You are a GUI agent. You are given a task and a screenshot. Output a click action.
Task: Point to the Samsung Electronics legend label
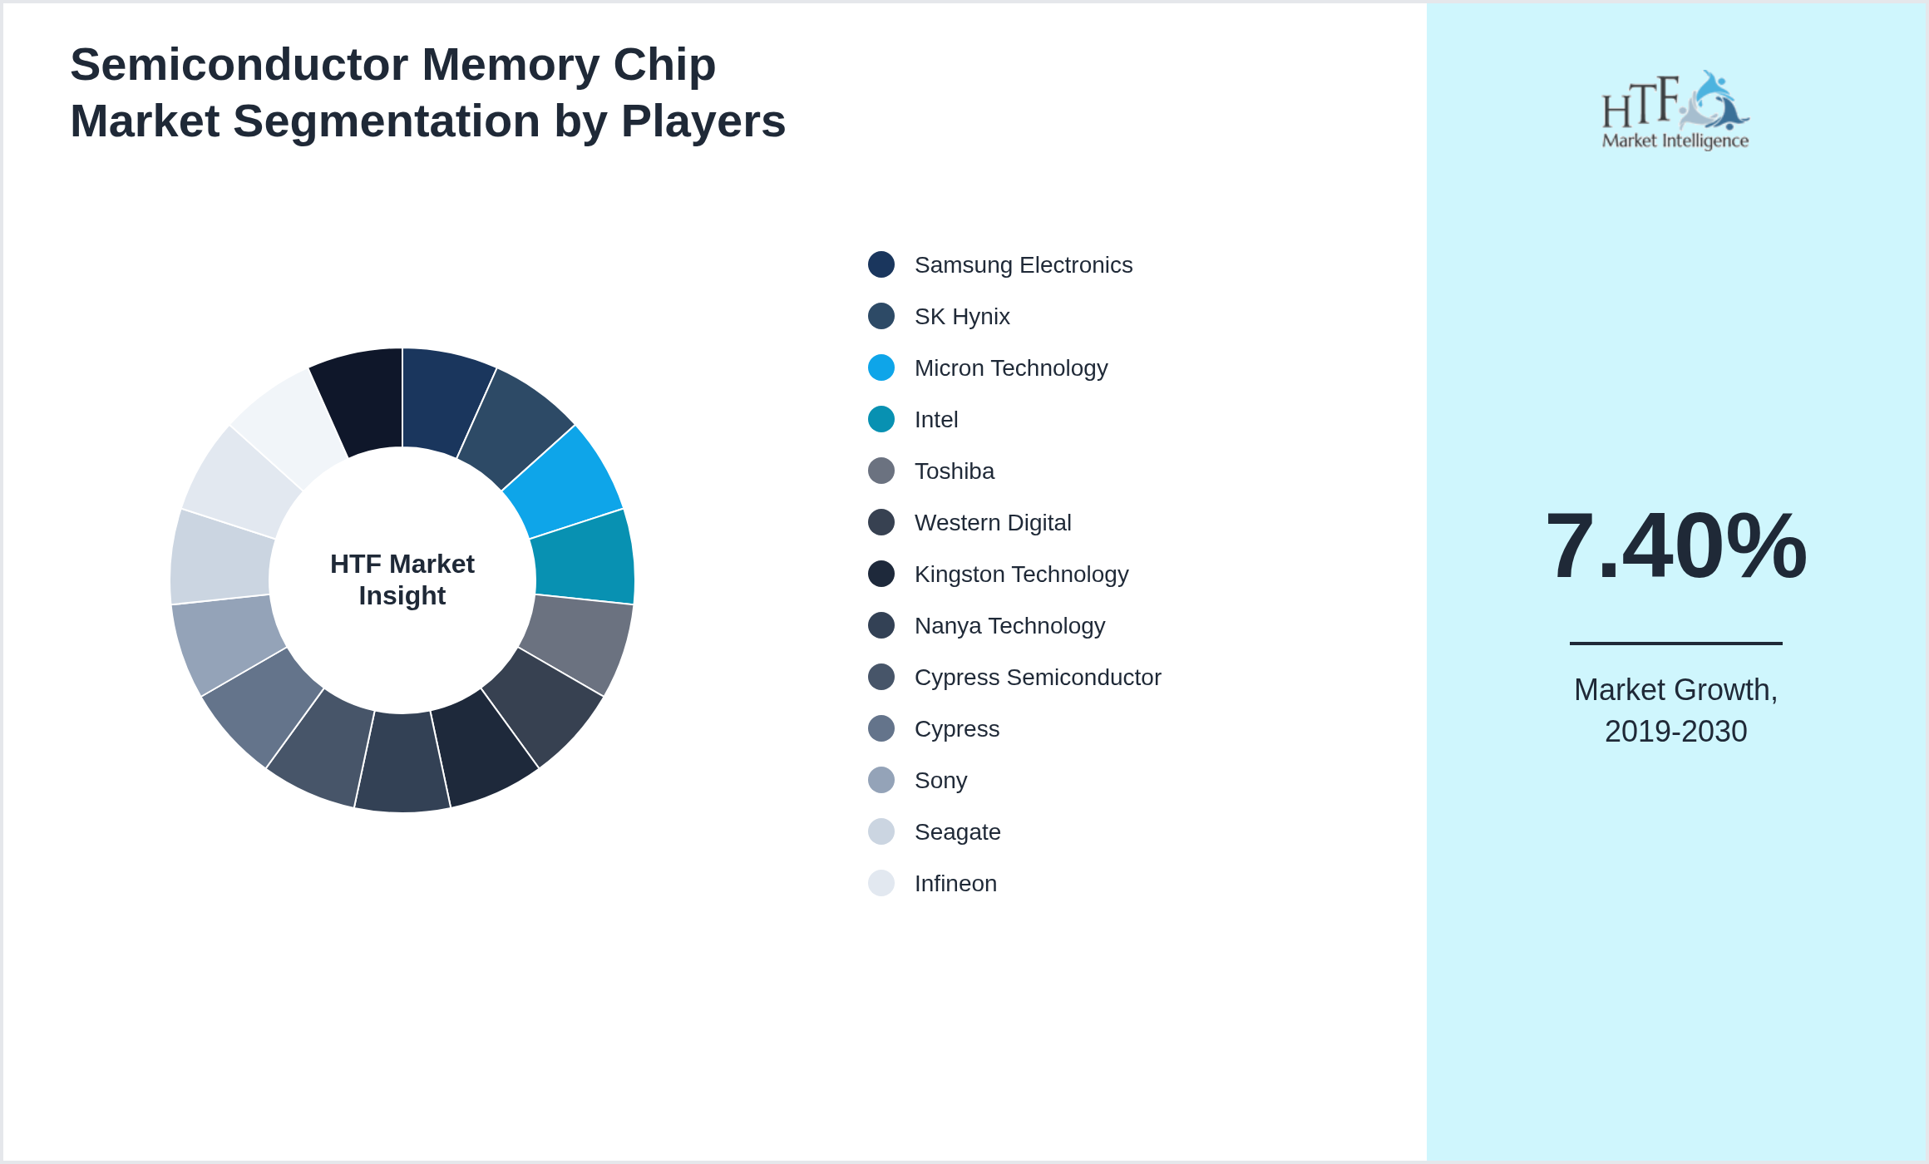pyautogui.click(x=1023, y=265)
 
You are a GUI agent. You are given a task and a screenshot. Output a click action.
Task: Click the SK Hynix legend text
pyautogui.click(x=962, y=317)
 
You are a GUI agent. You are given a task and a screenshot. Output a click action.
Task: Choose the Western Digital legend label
pyautogui.click(x=992, y=523)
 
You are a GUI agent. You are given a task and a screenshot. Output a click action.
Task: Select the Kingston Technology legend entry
pyautogui.click(x=1021, y=575)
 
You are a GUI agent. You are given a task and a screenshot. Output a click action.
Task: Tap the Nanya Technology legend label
pyautogui.click(x=1009, y=626)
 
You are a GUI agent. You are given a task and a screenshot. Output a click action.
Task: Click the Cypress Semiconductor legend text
pyautogui.click(x=1037, y=678)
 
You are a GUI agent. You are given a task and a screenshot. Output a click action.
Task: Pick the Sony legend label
pyautogui.click(x=940, y=781)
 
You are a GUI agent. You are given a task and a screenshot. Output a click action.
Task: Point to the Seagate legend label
pyautogui.click(x=957, y=832)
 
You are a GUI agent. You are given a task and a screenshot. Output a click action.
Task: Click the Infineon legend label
pyautogui.click(x=955, y=884)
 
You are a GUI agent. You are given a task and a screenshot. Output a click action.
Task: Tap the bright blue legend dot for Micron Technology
pyautogui.click(x=881, y=367)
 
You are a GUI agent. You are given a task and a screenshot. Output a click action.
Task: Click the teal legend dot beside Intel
pyautogui.click(x=881, y=419)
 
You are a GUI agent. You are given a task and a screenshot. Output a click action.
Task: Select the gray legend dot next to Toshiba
pyautogui.click(x=881, y=471)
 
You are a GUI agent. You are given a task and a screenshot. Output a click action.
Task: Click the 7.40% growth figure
pyautogui.click(x=1675, y=546)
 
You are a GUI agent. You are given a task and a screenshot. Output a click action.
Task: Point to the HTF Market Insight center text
pyautogui.click(x=402, y=580)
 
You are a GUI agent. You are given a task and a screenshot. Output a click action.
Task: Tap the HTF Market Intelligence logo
pyautogui.click(x=1675, y=111)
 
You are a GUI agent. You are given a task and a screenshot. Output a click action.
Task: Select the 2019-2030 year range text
pyautogui.click(x=1675, y=732)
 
